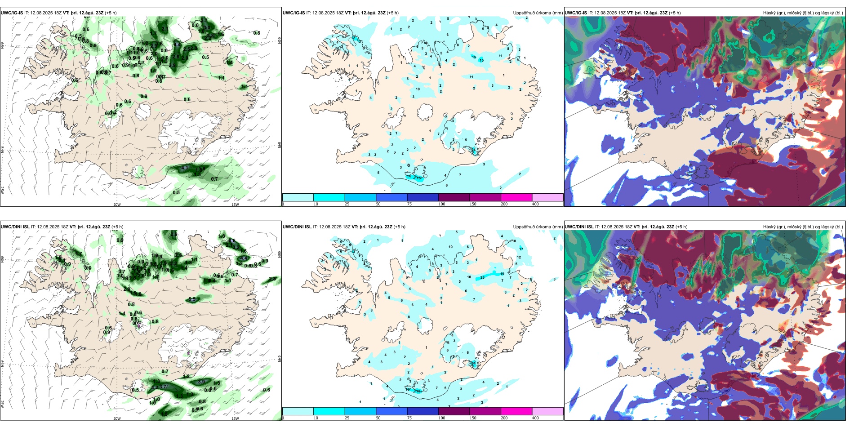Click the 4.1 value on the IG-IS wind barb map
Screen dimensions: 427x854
point(185,168)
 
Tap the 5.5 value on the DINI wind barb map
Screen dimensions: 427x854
point(192,299)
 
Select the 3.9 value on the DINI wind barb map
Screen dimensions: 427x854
point(201,382)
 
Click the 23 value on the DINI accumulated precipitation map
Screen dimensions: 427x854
point(482,277)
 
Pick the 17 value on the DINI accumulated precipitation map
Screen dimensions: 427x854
point(521,249)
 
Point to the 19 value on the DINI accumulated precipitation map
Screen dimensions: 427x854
point(502,273)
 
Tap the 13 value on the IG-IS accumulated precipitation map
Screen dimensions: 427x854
point(359,42)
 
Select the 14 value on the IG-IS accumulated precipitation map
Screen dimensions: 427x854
point(409,177)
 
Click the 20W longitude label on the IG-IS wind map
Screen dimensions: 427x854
point(117,205)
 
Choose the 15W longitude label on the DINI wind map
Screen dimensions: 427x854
point(235,418)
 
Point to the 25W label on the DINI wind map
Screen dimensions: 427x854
point(2,404)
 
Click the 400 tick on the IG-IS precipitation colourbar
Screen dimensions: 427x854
point(535,204)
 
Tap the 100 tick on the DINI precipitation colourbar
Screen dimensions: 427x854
point(442,418)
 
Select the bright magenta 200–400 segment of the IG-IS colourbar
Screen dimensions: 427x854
point(516,197)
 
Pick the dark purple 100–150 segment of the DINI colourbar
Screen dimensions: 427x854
point(454,411)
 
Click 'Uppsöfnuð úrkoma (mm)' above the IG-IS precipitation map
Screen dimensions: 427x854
point(538,13)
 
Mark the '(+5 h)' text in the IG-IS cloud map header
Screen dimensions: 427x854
point(675,13)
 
